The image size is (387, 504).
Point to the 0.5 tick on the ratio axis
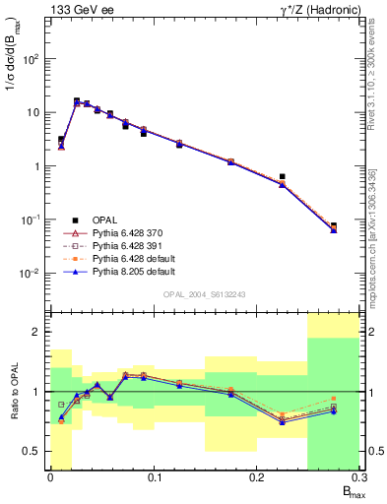34,451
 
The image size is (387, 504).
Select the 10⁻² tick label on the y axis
32,274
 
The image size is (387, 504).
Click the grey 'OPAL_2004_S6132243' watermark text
204,293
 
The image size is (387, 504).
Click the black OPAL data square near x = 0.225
282,176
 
